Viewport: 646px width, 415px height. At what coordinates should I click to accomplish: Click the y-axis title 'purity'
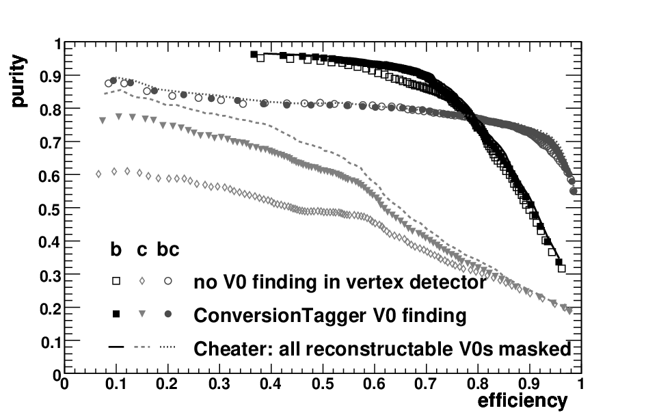pyautogui.click(x=18, y=81)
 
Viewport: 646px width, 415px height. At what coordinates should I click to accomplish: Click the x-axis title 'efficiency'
pyautogui.click(x=522, y=401)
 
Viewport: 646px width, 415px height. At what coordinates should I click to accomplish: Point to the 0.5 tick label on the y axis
pyautogui.click(x=49, y=209)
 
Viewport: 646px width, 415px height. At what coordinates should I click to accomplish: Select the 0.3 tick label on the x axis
pyautogui.click(x=219, y=384)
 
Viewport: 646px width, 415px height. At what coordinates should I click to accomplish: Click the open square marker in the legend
pyautogui.click(x=116, y=281)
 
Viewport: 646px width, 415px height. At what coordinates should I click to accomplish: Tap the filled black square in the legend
pyautogui.click(x=116, y=314)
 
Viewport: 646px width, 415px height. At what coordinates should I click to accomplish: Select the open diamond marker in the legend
pyautogui.click(x=142, y=281)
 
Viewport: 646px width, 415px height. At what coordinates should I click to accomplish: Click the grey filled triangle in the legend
pyautogui.click(x=142, y=314)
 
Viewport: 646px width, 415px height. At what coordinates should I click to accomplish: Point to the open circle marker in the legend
pyautogui.click(x=167, y=281)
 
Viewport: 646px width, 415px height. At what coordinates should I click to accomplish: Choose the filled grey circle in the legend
pyautogui.click(x=167, y=314)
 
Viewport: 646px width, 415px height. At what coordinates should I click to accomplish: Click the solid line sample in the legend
pyautogui.click(x=116, y=347)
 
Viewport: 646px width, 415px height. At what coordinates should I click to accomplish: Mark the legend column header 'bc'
pyautogui.click(x=168, y=250)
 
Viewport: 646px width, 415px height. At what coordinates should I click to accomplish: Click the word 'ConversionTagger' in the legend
pyautogui.click(x=280, y=316)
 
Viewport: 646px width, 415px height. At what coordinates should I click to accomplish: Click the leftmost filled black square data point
pyautogui.click(x=254, y=55)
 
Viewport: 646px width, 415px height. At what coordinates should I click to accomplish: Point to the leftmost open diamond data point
pyautogui.click(x=98, y=174)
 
